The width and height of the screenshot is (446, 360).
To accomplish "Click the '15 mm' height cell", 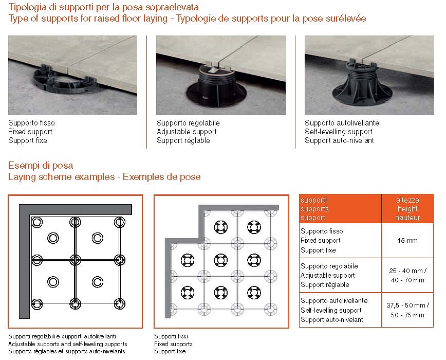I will (x=408, y=241).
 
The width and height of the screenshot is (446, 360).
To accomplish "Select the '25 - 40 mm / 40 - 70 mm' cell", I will (x=408, y=275).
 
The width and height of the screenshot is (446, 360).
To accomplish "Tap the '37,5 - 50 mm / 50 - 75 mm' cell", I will (x=408, y=310).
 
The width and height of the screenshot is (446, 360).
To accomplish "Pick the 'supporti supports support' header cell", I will (x=340, y=209).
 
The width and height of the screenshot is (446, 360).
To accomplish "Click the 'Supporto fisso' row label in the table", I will (x=322, y=231).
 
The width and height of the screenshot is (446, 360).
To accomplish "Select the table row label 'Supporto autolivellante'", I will (x=333, y=301).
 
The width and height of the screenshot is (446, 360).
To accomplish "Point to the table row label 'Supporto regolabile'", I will (x=329, y=266).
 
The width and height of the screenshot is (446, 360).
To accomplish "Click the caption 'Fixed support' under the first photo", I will (x=30, y=132).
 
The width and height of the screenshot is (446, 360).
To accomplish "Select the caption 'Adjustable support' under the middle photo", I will (x=187, y=132).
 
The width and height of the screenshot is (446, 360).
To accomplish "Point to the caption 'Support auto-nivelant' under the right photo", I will (x=339, y=140).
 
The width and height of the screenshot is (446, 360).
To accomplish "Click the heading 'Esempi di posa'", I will (x=41, y=166).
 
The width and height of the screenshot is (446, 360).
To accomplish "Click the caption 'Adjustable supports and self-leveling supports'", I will (x=67, y=344).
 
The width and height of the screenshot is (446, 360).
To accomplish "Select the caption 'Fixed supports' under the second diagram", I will (x=173, y=344).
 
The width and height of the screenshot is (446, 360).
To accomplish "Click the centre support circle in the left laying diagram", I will (x=75, y=258).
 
